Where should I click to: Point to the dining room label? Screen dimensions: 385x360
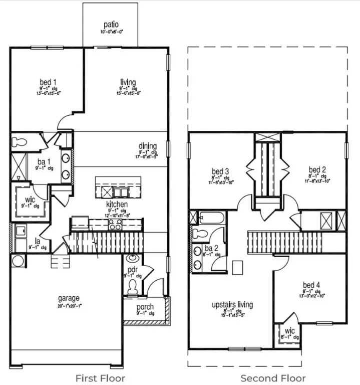148,146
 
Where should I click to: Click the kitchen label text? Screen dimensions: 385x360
117,205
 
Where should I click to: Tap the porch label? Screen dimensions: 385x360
145,307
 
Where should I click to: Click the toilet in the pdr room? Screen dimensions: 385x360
133,287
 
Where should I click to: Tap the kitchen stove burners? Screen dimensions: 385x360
115,225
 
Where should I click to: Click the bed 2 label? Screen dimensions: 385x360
317,170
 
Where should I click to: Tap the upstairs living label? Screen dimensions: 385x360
232,304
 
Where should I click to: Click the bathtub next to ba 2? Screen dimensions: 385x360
209,218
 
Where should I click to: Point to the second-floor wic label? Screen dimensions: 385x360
289,332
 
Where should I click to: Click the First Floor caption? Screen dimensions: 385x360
100,377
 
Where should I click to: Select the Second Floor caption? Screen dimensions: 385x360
273,377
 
